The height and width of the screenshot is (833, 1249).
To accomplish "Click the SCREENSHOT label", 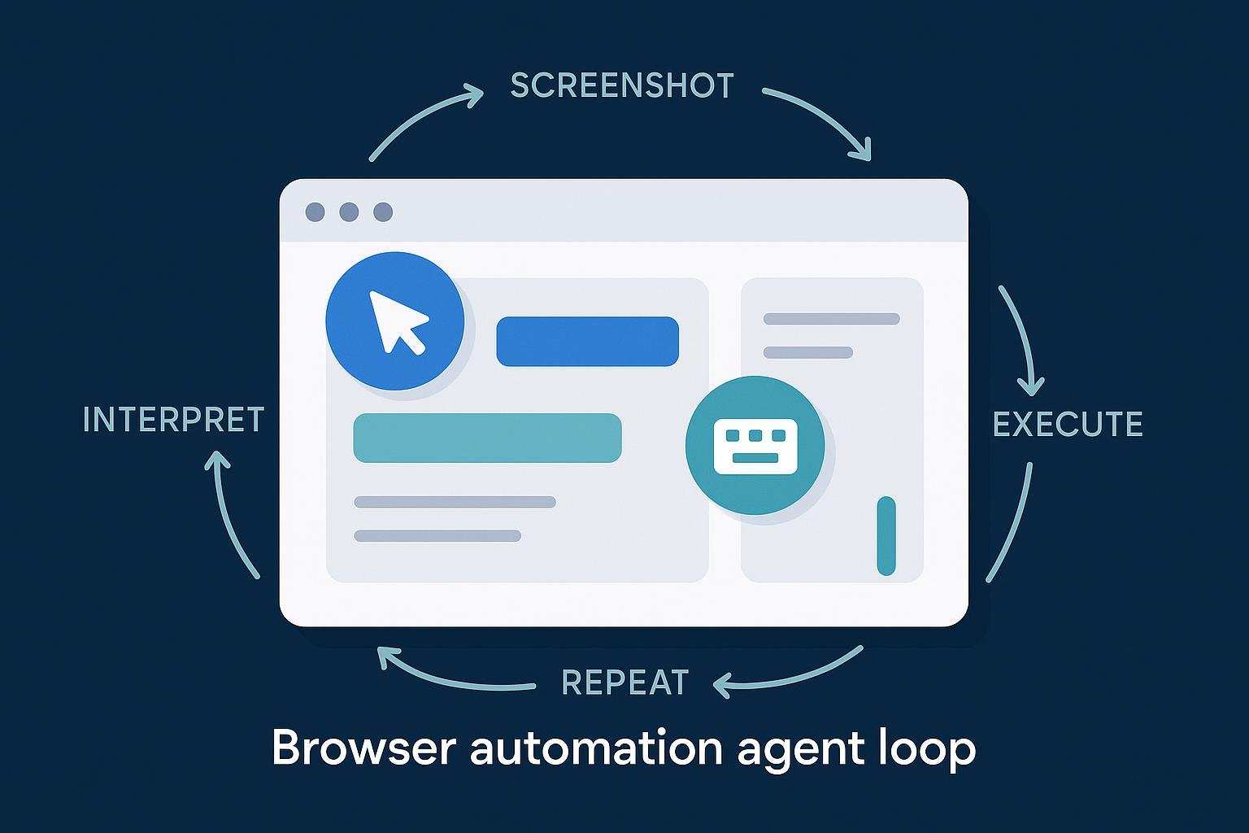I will [x=622, y=86].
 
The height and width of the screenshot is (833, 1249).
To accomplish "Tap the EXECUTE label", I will [x=1068, y=425].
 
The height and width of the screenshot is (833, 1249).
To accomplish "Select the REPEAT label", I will [x=625, y=683].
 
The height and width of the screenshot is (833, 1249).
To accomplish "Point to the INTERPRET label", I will [x=174, y=420].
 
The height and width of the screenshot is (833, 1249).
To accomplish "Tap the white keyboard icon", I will [x=755, y=446].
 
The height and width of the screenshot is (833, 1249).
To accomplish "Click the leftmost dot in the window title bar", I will [x=315, y=212].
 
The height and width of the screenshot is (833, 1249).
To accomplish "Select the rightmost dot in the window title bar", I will [x=383, y=212].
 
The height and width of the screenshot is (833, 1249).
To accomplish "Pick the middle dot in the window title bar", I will [x=349, y=212].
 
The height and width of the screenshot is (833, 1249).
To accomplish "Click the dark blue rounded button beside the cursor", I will [x=587, y=342].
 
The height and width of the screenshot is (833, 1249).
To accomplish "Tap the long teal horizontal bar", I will [x=487, y=438].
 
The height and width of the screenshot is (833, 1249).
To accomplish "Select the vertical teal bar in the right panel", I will [x=886, y=536].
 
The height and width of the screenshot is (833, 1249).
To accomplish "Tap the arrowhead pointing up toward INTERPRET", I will [x=216, y=460].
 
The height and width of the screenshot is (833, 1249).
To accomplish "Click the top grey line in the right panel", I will [x=831, y=319].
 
